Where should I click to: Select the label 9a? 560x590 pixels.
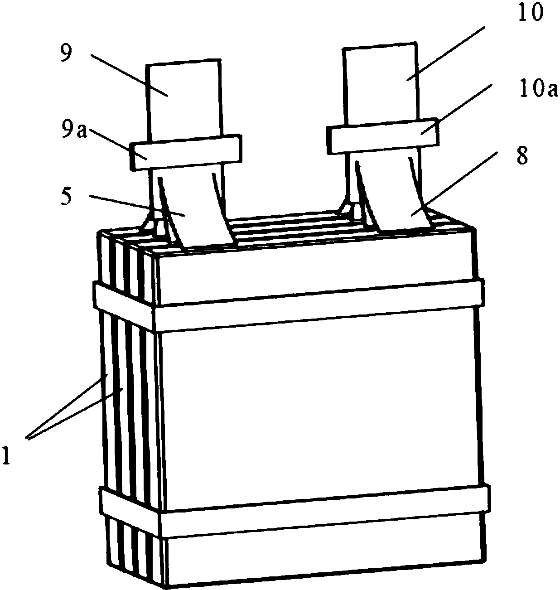73,130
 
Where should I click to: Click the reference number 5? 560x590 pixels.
66,197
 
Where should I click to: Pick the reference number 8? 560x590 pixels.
522,156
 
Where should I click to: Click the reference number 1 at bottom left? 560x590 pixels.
6,455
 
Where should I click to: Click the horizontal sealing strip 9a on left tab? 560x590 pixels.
186,153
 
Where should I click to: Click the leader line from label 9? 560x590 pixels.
129,75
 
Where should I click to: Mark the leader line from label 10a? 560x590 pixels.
456,109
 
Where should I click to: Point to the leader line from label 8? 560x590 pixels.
454,184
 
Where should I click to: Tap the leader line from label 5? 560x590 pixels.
137,206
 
